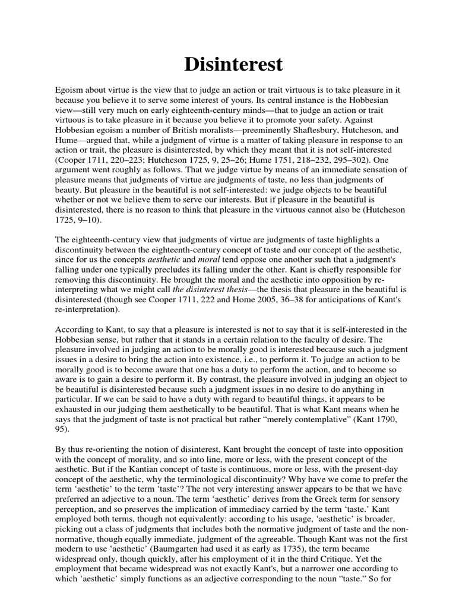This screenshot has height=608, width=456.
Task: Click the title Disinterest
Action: [228, 64]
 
